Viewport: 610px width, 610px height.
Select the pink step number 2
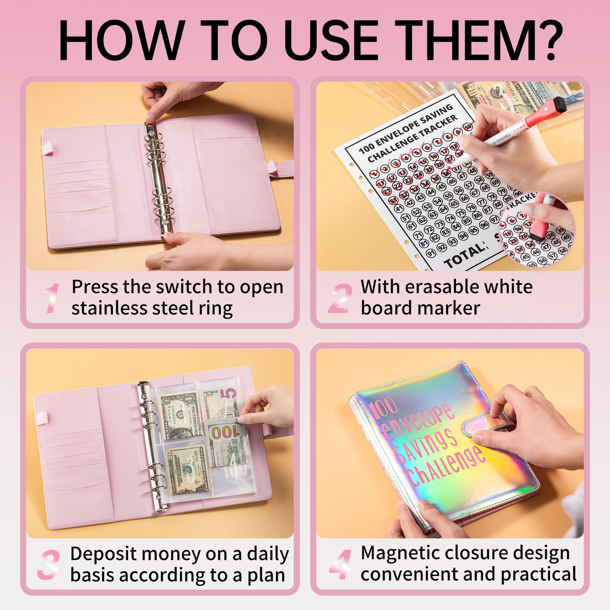[340, 298]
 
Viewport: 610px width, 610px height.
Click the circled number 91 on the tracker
[431, 253]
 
